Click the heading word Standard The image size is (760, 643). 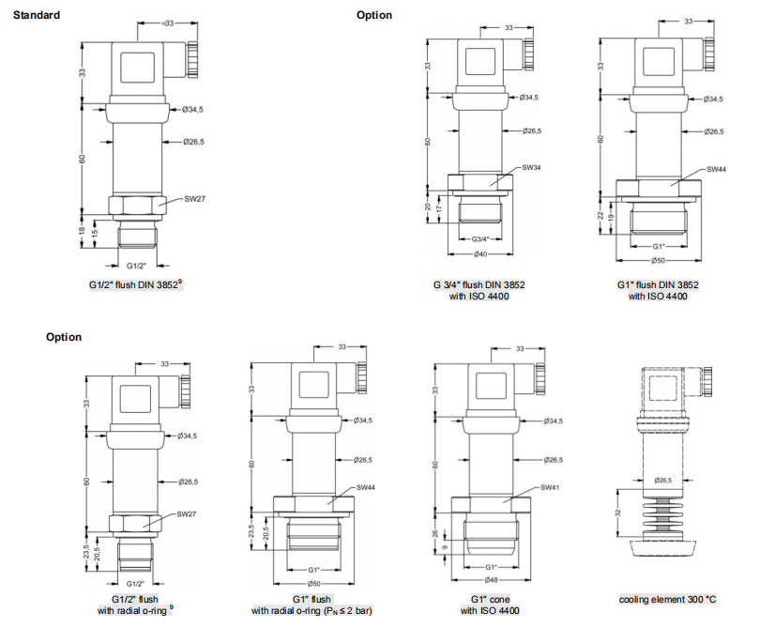point(37,15)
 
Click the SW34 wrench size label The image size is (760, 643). point(531,168)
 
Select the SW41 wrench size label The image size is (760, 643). point(551,488)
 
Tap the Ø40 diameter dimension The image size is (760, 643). point(479,255)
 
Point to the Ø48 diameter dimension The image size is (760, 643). point(491,580)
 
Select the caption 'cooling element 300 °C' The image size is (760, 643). point(667,599)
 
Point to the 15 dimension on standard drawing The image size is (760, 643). point(94,233)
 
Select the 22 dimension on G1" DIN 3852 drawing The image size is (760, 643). point(601,215)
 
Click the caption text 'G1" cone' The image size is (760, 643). point(489,599)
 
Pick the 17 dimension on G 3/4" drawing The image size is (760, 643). point(439,211)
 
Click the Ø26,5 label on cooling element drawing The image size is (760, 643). point(664,480)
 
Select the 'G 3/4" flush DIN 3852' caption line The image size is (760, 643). point(479,284)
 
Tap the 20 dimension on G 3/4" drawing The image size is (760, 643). point(428,207)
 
